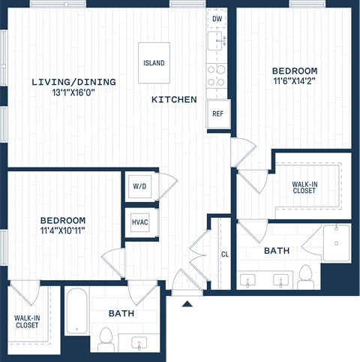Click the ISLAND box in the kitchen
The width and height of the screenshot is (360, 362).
click(x=154, y=63)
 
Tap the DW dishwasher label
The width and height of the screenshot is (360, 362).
click(x=217, y=18)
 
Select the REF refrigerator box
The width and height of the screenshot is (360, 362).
click(x=218, y=114)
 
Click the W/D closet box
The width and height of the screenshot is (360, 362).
click(x=140, y=186)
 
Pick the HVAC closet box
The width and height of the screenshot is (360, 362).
click(x=140, y=222)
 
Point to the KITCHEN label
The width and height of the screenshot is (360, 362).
click(x=174, y=99)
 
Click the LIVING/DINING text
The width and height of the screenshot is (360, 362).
click(x=63, y=82)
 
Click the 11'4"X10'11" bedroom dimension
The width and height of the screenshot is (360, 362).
click(x=63, y=231)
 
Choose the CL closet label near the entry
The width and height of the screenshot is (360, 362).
click(x=224, y=255)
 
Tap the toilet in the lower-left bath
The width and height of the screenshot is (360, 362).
click(x=103, y=342)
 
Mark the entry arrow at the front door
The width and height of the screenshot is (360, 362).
click(x=187, y=303)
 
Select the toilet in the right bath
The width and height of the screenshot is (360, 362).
click(x=304, y=276)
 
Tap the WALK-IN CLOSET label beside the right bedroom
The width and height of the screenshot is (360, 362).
click(x=304, y=186)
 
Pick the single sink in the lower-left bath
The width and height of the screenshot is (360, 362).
click(x=140, y=342)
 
